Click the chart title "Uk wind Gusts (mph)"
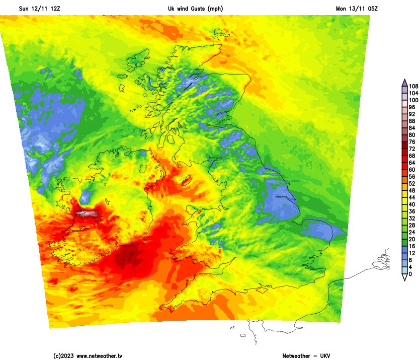coord(195,9)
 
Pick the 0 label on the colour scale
coord(410,274)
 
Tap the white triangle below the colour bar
coord(404,277)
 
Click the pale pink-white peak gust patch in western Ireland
coord(87,214)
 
